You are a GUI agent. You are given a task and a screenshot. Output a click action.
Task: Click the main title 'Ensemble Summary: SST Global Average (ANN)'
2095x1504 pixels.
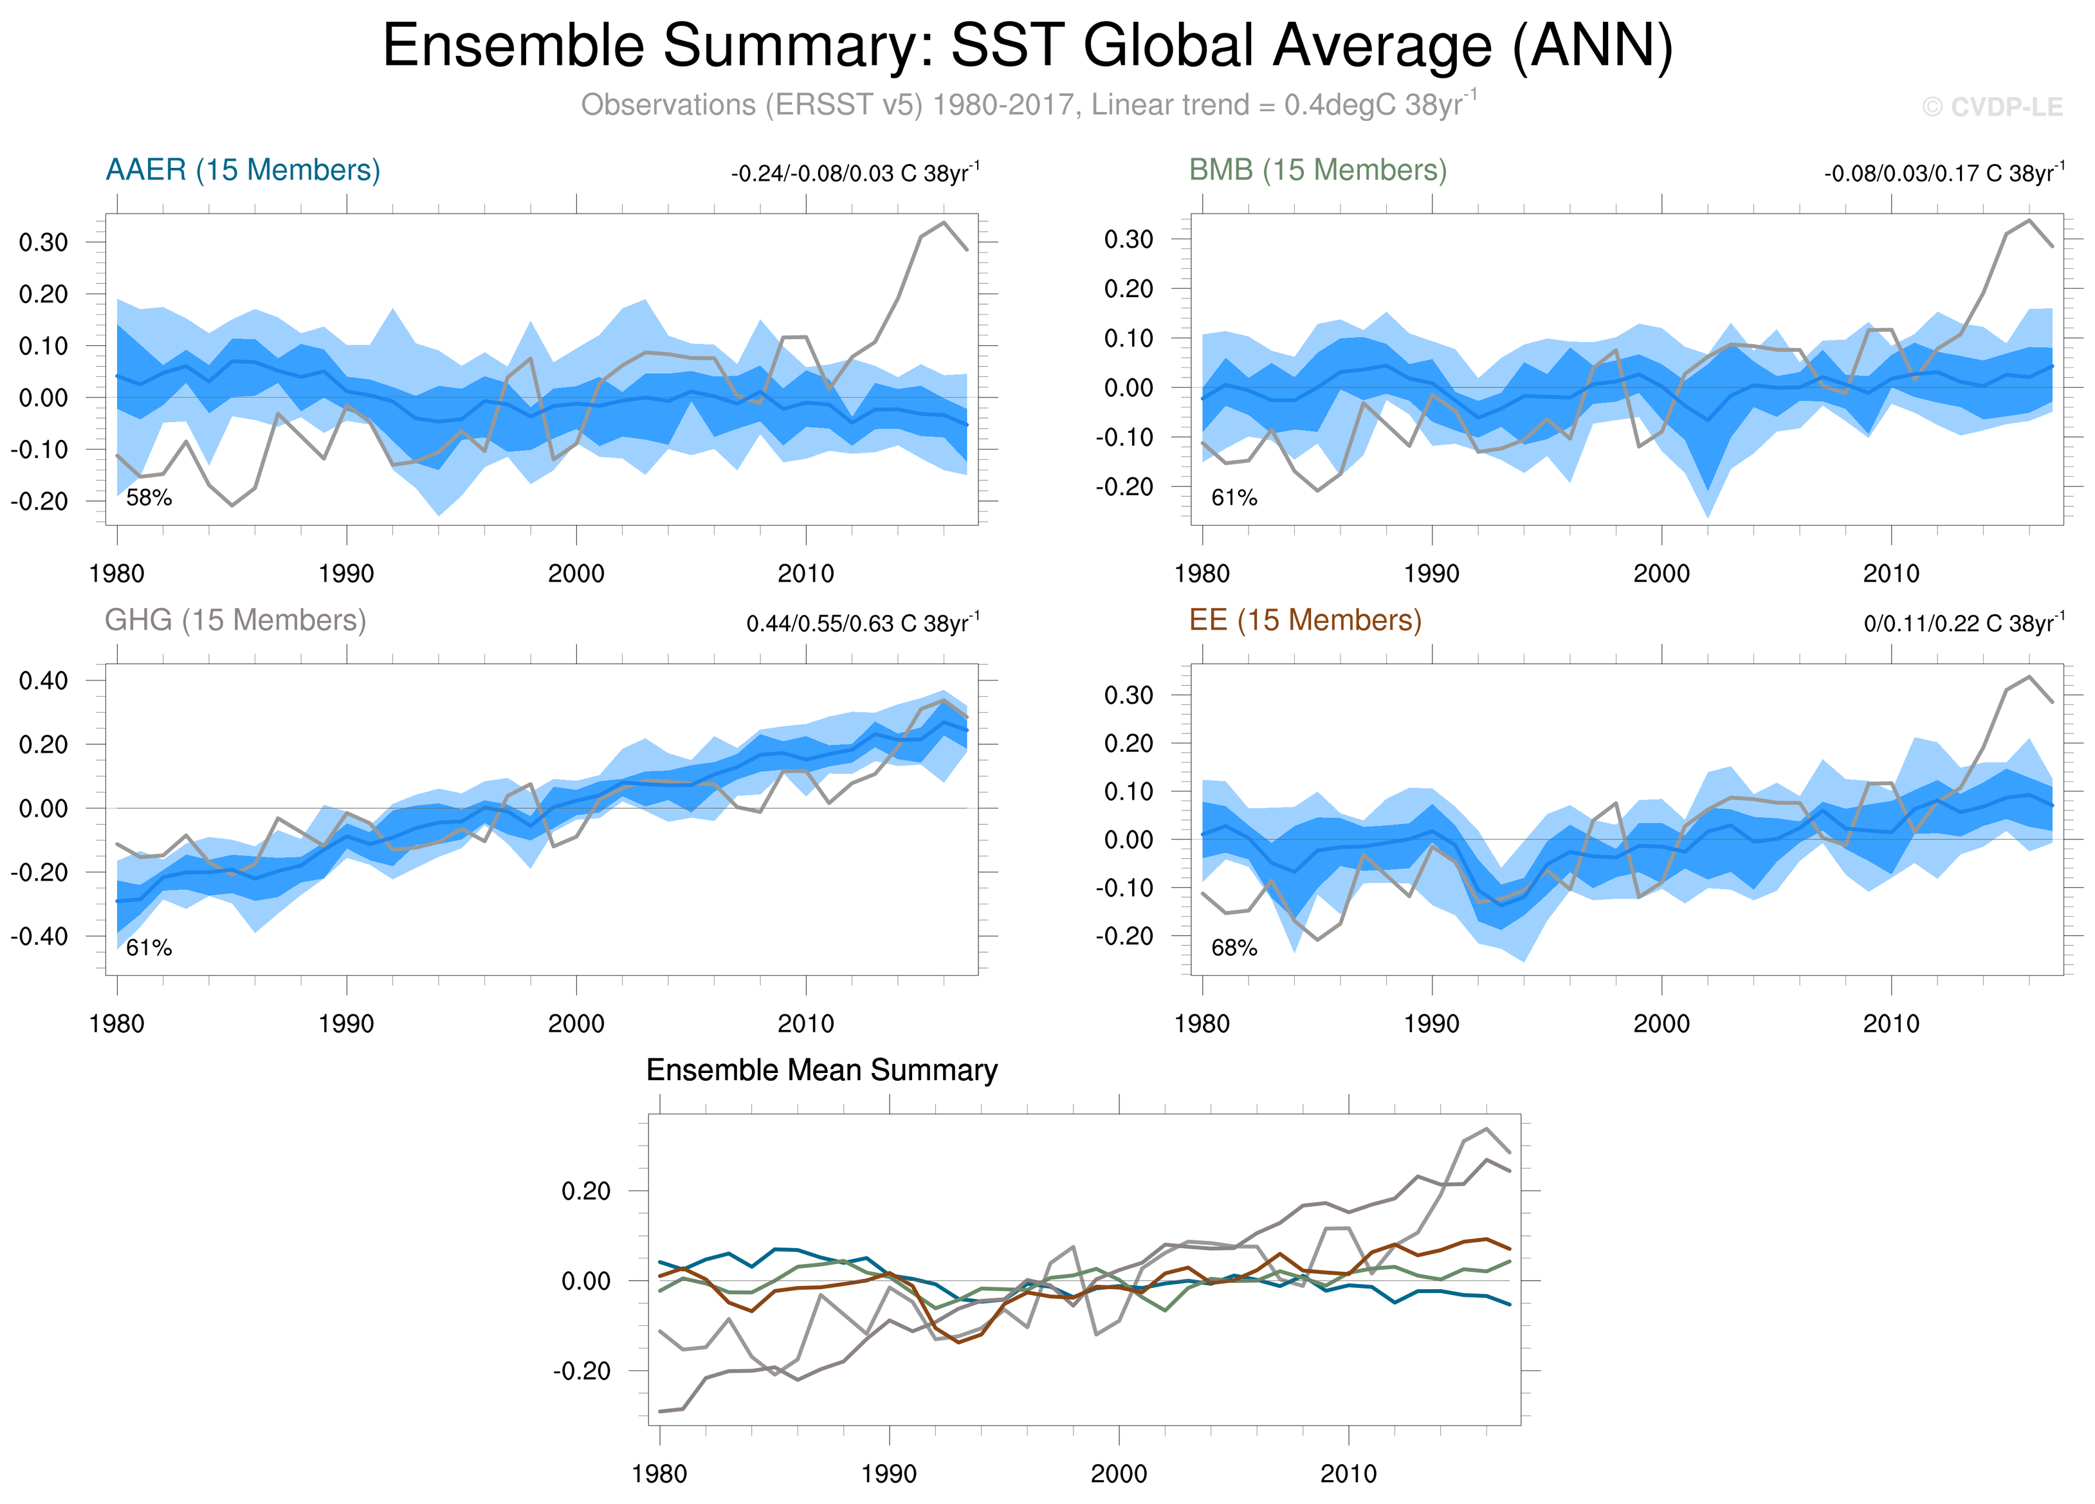1027,46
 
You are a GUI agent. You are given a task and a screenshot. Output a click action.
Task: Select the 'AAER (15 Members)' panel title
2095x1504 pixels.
243,170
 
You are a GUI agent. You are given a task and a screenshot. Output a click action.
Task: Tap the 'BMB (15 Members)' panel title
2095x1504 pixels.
1317,170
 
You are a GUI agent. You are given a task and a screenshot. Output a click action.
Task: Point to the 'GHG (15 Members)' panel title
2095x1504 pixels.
235,620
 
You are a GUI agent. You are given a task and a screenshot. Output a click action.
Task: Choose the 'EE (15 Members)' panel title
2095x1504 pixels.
1304,620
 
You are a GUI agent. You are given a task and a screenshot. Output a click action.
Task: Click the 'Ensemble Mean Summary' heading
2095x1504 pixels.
821,1070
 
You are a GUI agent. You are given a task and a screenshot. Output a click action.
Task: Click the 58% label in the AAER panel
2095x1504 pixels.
149,498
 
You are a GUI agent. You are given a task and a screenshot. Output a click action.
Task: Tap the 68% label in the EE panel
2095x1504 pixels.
1234,948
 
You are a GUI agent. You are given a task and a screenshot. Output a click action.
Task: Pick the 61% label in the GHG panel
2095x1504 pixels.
149,948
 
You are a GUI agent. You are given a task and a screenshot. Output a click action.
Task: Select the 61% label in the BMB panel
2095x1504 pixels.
1234,498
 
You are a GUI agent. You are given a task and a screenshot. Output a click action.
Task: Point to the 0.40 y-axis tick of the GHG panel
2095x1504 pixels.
43,681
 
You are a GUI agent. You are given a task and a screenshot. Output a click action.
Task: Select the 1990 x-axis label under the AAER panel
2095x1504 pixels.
347,574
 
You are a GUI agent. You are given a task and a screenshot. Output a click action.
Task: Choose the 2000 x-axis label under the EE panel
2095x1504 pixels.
1661,1023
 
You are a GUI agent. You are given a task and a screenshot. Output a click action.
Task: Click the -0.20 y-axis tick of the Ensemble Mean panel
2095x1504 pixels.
582,1371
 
